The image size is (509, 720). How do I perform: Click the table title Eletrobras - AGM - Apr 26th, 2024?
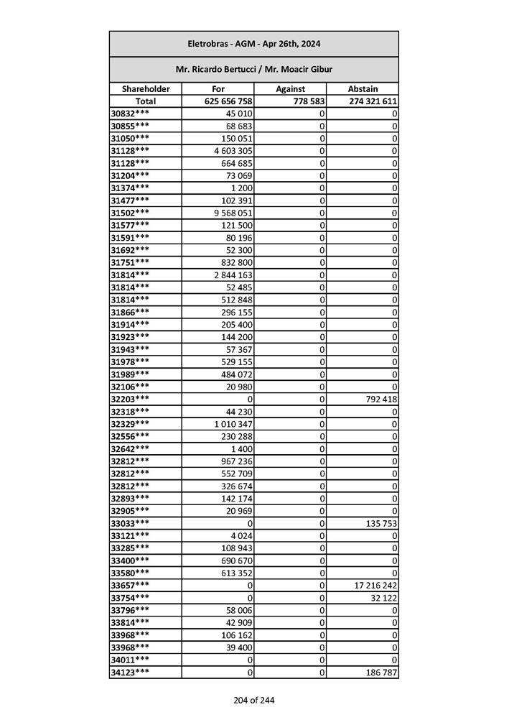pyautogui.click(x=253, y=44)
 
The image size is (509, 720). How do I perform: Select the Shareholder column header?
pyautogui.click(x=146, y=89)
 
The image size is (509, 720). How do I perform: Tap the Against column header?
pyautogui.click(x=291, y=89)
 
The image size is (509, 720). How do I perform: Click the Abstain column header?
pyautogui.click(x=363, y=89)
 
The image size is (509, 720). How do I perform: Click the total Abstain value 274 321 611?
pyautogui.click(x=373, y=101)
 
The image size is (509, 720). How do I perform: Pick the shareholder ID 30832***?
pyautogui.click(x=131, y=114)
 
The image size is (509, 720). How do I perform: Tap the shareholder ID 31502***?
pyautogui.click(x=131, y=213)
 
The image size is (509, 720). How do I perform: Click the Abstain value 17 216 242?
pyautogui.click(x=375, y=586)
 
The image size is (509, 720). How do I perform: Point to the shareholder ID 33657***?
pyautogui.click(x=131, y=586)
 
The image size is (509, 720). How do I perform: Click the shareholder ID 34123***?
pyautogui.click(x=131, y=673)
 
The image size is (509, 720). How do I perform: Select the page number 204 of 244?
pyautogui.click(x=253, y=700)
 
